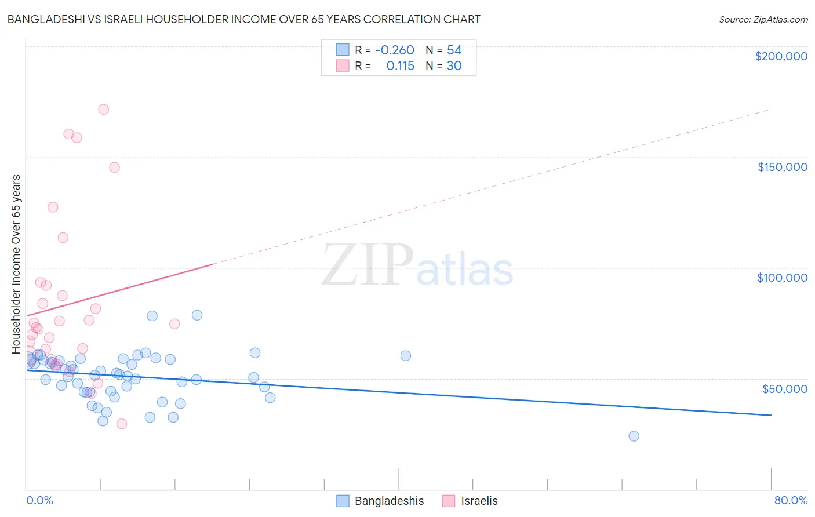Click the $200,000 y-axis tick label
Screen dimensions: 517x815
click(781, 56)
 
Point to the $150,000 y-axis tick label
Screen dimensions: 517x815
click(782, 167)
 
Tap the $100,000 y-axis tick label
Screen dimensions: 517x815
click(782, 278)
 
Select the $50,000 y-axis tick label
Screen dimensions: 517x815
click(784, 389)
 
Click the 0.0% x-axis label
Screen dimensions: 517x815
click(39, 500)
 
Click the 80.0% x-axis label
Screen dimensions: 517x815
click(791, 500)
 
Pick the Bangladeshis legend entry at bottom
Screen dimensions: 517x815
click(381, 501)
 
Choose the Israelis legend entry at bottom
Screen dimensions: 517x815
click(470, 501)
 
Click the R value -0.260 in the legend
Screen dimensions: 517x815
click(395, 50)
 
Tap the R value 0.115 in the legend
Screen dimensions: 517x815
click(400, 66)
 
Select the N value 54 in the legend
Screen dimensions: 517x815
click(454, 50)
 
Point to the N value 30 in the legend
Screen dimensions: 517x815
click(454, 66)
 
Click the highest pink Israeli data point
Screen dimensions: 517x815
click(104, 110)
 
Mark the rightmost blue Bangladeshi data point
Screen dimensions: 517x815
click(634, 436)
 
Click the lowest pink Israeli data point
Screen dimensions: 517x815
click(122, 424)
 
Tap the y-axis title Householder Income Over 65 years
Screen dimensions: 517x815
click(16, 264)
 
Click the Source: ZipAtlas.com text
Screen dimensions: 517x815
click(763, 20)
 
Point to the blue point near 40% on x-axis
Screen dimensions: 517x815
click(406, 356)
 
